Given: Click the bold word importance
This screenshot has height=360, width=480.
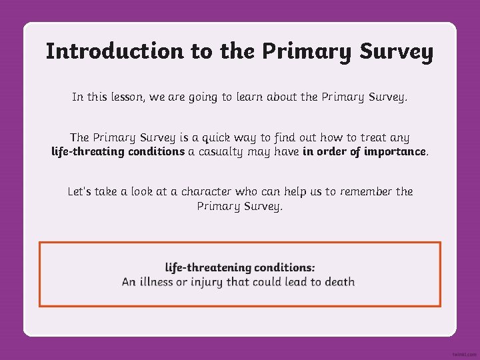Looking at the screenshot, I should click(395, 151).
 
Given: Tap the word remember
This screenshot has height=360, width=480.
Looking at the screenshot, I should click(367, 192).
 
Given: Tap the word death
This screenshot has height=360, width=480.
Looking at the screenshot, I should click(339, 282).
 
